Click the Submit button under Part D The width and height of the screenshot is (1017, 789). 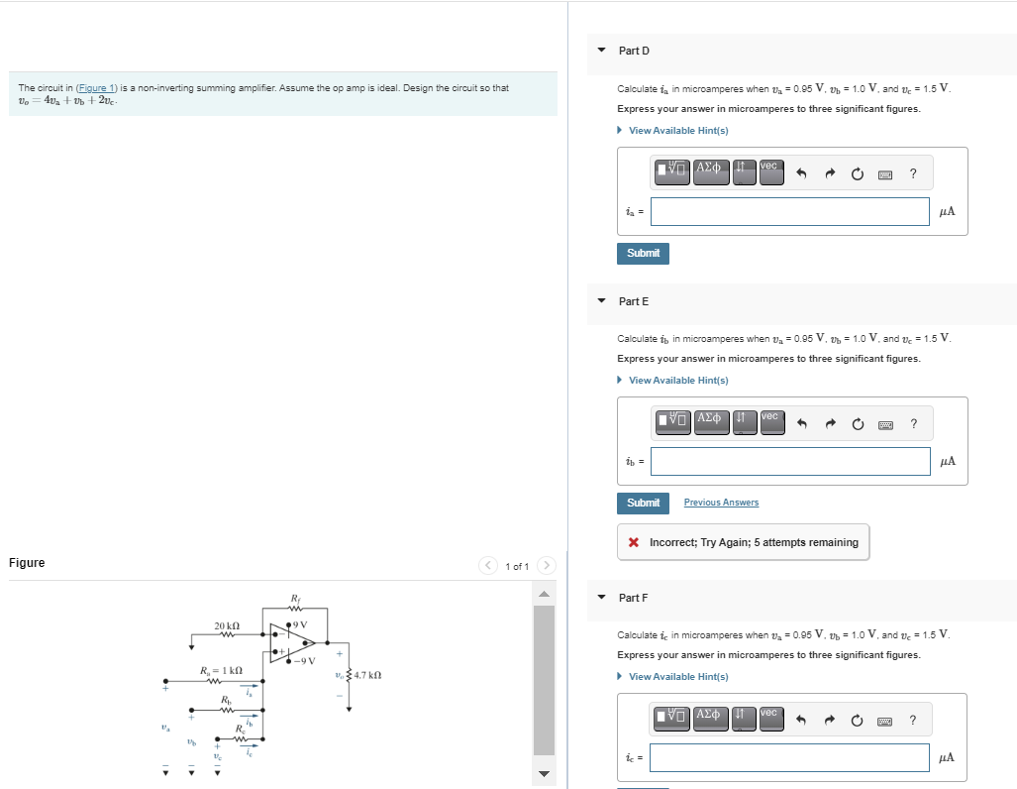pyautogui.click(x=643, y=254)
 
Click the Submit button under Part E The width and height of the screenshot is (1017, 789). pyautogui.click(x=643, y=504)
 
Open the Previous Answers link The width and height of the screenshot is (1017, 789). pyautogui.click(x=721, y=503)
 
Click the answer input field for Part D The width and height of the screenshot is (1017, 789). pyautogui.click(x=789, y=211)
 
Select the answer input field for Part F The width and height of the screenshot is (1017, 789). pyautogui.click(x=789, y=757)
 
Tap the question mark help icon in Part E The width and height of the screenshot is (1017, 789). pyautogui.click(x=912, y=424)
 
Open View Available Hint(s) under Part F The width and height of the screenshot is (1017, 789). pyautogui.click(x=678, y=677)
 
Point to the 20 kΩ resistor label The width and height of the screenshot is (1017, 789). pyautogui.click(x=227, y=625)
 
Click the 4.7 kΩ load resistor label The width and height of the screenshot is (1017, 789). pyautogui.click(x=366, y=675)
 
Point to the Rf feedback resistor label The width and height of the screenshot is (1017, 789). pyautogui.click(x=295, y=598)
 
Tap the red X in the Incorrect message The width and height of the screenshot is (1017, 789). pyautogui.click(x=634, y=543)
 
